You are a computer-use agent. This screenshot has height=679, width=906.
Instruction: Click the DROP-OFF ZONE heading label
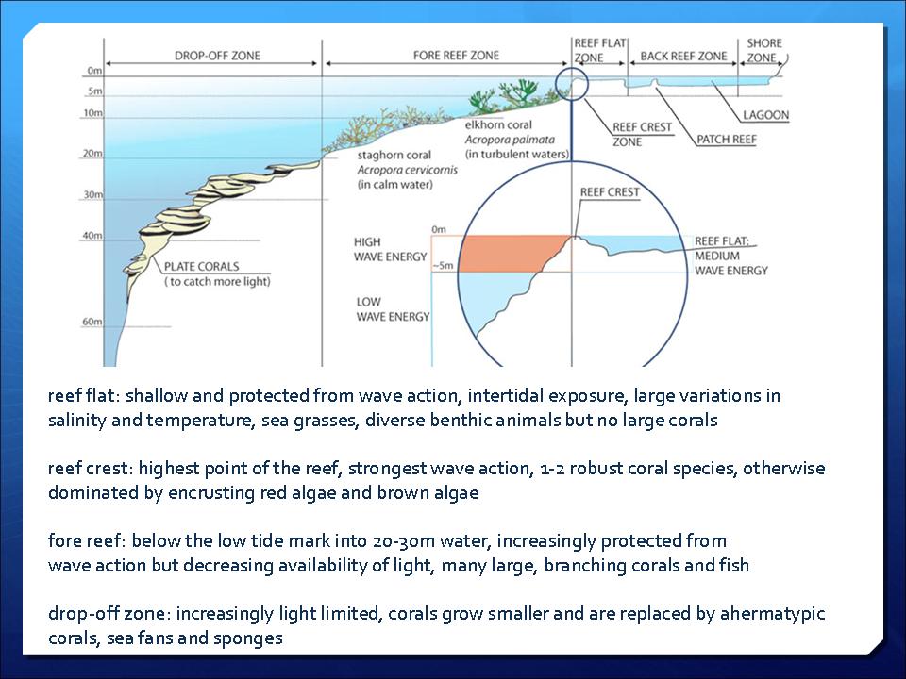tap(217, 56)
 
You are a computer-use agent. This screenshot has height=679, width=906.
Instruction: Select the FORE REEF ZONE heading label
tap(456, 56)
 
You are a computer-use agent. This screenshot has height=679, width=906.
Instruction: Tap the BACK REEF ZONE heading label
tap(683, 56)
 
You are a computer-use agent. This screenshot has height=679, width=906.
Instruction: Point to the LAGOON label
tap(765, 115)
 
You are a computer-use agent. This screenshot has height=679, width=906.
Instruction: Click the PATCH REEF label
tap(727, 140)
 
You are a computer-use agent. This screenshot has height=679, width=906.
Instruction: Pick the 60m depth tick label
tap(92, 322)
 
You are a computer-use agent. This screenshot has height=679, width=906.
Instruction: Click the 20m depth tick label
tap(92, 154)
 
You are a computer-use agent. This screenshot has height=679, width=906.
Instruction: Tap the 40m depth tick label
tap(92, 236)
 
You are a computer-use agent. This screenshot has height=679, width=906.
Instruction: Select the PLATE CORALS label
tap(202, 266)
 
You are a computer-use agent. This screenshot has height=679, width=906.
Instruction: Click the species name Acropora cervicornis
tap(408, 170)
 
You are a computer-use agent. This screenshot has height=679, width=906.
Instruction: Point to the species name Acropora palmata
tap(510, 140)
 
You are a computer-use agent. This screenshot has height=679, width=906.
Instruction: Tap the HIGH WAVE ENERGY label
tap(391, 249)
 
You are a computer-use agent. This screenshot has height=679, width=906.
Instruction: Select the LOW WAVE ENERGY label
tap(393, 309)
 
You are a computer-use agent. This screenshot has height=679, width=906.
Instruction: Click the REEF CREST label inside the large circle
tap(610, 192)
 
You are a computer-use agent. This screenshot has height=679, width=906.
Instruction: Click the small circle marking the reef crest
tap(572, 68)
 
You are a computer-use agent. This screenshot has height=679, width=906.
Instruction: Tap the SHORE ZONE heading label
tap(763, 50)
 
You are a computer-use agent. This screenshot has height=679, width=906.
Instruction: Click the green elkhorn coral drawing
tap(512, 94)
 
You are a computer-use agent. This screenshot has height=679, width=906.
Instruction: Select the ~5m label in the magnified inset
tap(443, 266)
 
